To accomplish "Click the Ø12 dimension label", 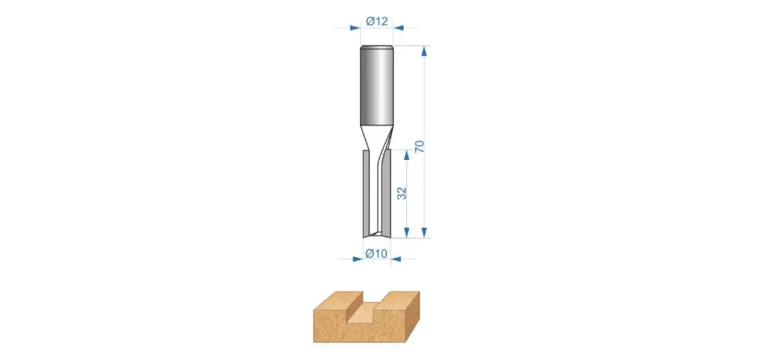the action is pos(377,21).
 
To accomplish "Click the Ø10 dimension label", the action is pos(376,253).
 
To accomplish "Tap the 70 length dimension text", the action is pos(419,146).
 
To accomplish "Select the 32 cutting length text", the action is pos(401,193).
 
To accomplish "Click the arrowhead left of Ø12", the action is pos(355,28).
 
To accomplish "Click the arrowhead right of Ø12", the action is pos(398,28).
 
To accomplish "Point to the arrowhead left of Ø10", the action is pos(358,259).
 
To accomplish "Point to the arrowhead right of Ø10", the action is pos(396,259).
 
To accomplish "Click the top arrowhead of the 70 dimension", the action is pos(424,51).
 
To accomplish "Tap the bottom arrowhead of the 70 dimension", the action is pos(424,232).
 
